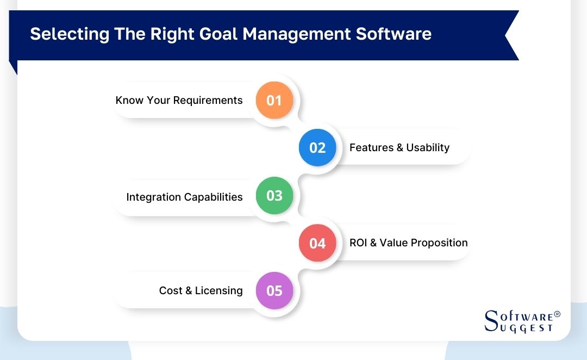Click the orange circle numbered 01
point(274,100)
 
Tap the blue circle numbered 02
point(317,148)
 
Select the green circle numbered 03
point(274,195)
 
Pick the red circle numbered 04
point(317,243)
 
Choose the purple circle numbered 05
point(274,290)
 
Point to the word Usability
point(428,148)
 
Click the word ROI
point(359,243)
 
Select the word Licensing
point(219,291)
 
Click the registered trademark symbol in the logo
point(557,314)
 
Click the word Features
point(371,148)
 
